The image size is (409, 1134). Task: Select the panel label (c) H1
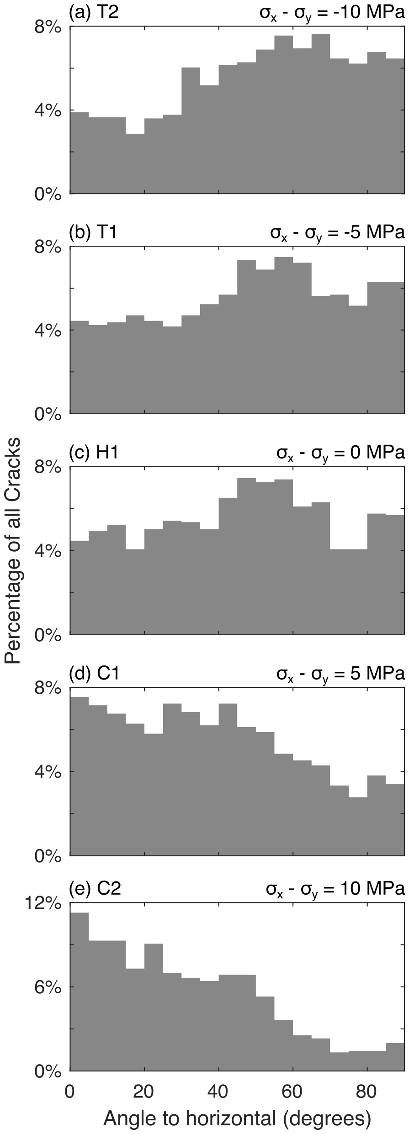(94, 453)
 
